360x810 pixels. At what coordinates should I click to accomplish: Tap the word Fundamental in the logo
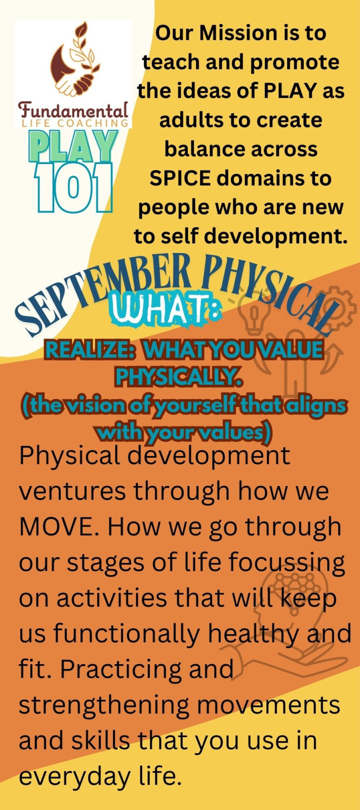click(x=73, y=109)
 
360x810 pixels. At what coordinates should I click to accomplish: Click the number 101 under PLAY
click(x=73, y=187)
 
